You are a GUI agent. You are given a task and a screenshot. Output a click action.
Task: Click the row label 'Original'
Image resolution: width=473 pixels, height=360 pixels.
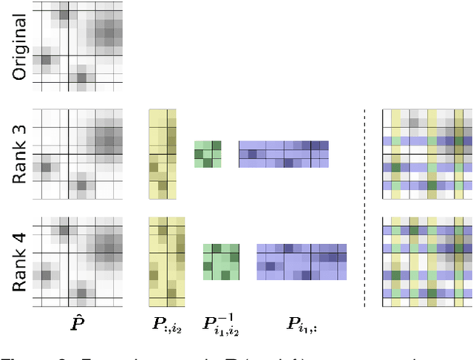[20, 47]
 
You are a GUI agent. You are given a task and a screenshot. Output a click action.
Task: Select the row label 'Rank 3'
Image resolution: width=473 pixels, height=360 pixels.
[20, 154]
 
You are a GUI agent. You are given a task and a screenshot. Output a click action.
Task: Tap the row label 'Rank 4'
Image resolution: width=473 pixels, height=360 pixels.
[20, 262]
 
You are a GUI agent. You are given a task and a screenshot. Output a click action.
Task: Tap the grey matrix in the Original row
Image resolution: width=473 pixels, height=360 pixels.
[81, 46]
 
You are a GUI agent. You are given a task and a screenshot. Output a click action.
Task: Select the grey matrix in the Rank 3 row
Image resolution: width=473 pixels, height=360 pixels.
[81, 154]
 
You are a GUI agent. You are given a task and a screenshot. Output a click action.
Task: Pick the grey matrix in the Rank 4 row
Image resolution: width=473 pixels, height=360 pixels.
[81, 262]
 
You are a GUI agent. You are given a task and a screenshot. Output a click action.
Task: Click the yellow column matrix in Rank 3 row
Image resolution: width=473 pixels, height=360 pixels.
[163, 154]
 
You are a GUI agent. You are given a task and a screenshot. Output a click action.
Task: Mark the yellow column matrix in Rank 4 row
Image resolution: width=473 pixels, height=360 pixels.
[163, 262]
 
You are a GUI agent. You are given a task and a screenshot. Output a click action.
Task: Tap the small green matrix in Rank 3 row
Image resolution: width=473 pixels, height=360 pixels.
[208, 154]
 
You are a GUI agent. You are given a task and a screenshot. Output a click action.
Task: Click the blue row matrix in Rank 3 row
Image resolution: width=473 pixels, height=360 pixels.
[283, 154]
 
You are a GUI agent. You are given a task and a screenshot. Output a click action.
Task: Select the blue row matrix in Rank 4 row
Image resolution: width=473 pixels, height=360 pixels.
[302, 262]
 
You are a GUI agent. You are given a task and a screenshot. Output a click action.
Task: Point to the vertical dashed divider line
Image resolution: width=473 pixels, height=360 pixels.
[364, 207]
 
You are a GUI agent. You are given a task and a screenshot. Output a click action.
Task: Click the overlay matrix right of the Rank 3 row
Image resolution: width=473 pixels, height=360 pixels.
[427, 154]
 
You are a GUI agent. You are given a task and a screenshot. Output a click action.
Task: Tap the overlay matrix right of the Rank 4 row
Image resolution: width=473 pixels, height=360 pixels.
[427, 262]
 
